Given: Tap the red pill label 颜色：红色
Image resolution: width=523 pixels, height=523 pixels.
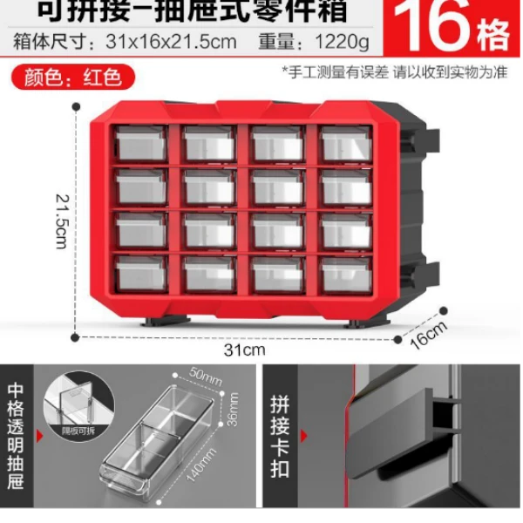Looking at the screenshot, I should point(73,78).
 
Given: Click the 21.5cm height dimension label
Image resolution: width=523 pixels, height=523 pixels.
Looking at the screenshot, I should point(60,220).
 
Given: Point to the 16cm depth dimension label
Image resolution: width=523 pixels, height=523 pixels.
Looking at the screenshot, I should point(428,334).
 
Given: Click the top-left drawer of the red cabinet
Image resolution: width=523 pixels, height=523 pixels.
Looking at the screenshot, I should point(141,143).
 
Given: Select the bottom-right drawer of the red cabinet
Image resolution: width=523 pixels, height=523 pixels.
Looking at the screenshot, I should point(346,274).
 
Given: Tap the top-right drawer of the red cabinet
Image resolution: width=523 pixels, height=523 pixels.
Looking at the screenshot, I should point(346,143).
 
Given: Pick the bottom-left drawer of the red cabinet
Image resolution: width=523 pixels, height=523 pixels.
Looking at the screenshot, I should point(141,274).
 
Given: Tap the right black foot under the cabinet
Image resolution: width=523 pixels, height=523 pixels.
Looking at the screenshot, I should point(363,320).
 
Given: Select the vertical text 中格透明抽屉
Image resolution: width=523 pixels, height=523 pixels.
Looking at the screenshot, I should point(17,436).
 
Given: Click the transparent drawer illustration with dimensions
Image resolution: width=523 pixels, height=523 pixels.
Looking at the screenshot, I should point(161,440).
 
